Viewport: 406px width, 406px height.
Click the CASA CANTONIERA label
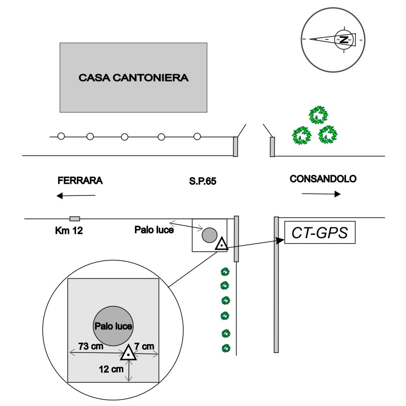pos(133,77)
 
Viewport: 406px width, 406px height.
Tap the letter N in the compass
pos(344,39)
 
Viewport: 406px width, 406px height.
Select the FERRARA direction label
pos(80,180)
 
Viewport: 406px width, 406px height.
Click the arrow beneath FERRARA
pos(76,195)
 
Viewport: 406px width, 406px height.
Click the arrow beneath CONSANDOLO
pos(321,194)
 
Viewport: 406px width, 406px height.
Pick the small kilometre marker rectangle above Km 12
pos(75,218)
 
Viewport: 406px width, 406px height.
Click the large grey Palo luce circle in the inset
pos(113,326)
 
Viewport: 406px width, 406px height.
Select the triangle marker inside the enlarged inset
pos(128,353)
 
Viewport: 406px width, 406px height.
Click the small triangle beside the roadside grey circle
pos(221,244)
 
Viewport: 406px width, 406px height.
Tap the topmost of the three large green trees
pos(319,114)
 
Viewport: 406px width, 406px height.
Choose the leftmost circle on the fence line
pos(60,136)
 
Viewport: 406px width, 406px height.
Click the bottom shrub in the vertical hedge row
pos(226,348)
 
